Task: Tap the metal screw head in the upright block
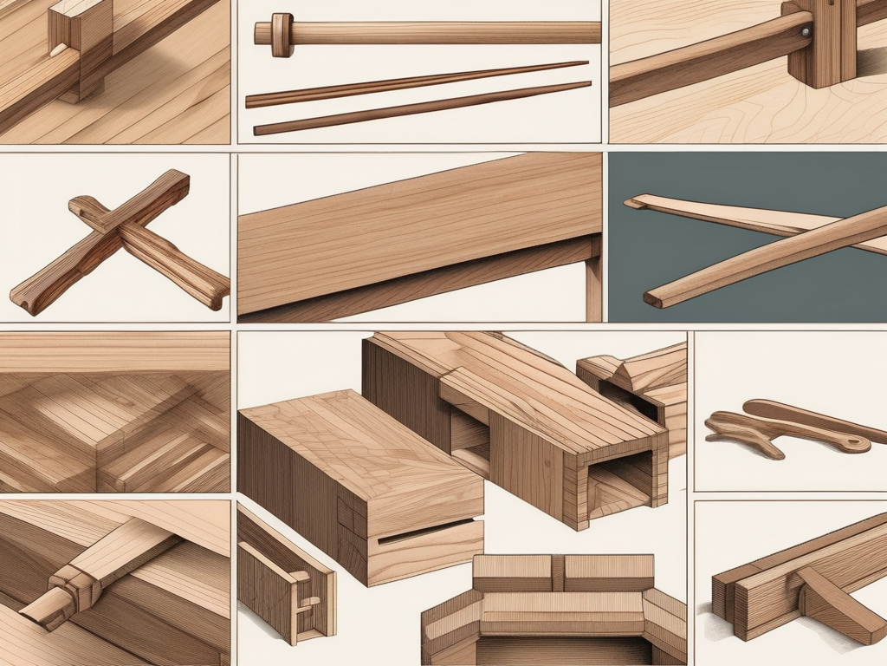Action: [806, 31]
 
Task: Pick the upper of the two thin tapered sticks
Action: [416, 83]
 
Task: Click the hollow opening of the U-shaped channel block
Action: [619, 486]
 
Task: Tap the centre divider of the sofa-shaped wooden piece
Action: [558, 572]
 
